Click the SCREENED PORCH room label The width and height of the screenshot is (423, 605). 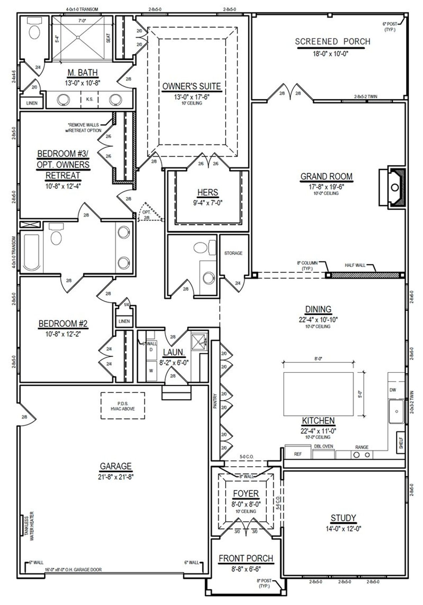pyautogui.click(x=332, y=42)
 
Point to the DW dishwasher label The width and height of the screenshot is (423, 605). pyautogui.click(x=393, y=390)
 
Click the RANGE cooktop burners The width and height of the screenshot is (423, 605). pyautogui.click(x=362, y=455)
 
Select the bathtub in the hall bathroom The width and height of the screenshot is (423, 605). pyautogui.click(x=31, y=251)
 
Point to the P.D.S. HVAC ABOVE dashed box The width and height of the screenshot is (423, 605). pyautogui.click(x=123, y=406)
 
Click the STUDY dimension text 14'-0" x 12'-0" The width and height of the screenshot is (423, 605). pyautogui.click(x=343, y=528)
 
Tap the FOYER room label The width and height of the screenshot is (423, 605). pyautogui.click(x=246, y=494)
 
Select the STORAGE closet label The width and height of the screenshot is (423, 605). pyautogui.click(x=233, y=253)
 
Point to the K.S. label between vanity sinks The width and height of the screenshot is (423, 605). pyautogui.click(x=90, y=99)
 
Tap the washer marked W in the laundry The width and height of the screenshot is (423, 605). pyautogui.click(x=151, y=371)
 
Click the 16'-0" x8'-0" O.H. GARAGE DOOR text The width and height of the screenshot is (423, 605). pyautogui.click(x=73, y=570)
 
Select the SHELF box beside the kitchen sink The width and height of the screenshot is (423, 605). pyautogui.click(x=401, y=442)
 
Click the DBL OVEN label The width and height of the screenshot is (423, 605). pyautogui.click(x=323, y=446)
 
